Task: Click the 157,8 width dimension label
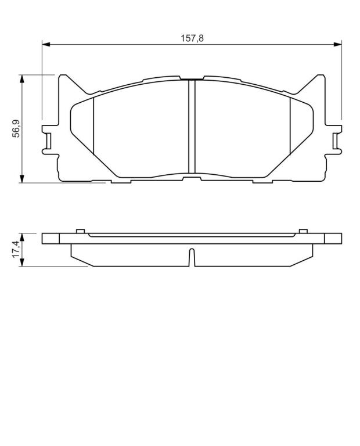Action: [192, 38]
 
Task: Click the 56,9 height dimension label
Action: [16, 129]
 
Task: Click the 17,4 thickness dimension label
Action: [16, 249]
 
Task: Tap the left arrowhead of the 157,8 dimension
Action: [46, 44]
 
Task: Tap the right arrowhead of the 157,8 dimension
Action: [337, 44]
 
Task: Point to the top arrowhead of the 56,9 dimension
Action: [21, 79]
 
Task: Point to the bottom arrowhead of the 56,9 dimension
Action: [21, 179]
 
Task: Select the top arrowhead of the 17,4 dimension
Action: [21, 238]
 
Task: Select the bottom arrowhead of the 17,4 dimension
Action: [21, 262]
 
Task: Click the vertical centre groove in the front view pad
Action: [192, 126]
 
